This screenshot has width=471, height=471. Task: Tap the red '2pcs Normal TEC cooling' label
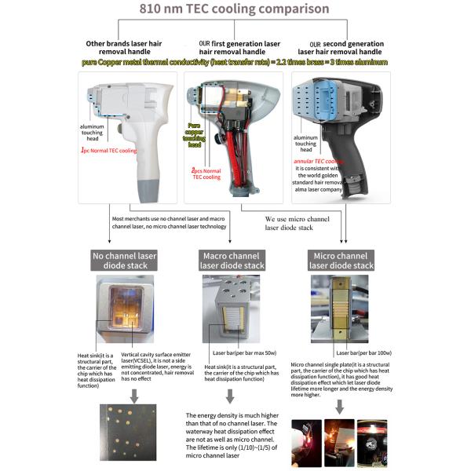pos(207,173)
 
